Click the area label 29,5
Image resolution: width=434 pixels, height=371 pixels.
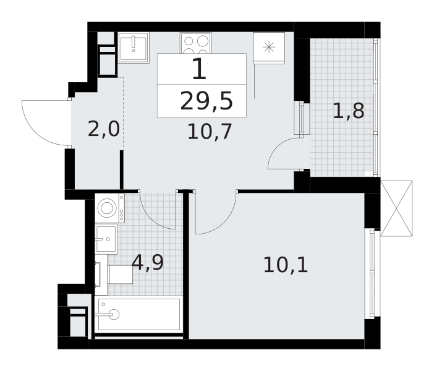tap(202, 101)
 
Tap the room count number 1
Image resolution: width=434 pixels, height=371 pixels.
tap(199, 69)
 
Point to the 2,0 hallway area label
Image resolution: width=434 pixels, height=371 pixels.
tap(103, 130)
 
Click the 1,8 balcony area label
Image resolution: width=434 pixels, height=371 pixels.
tap(348, 111)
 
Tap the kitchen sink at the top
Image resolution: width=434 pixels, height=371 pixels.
tap(134, 47)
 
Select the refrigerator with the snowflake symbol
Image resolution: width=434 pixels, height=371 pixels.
tap(269, 47)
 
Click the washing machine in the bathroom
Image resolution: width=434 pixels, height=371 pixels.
tap(109, 208)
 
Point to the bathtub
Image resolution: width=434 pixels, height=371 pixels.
tap(138, 315)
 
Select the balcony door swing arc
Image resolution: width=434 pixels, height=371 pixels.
tap(283, 155)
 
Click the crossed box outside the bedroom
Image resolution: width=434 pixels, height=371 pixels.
tap(396, 208)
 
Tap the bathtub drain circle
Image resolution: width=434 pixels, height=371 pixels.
tap(113, 314)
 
